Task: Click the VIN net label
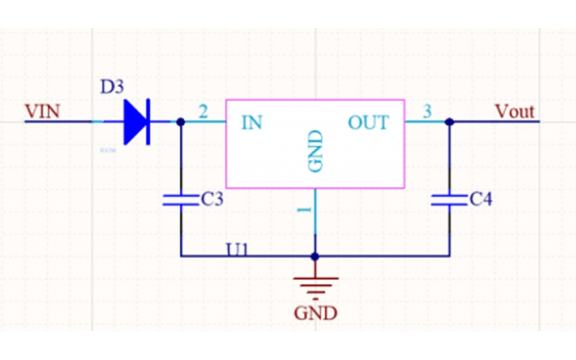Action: [x=42, y=112]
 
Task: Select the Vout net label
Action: [x=515, y=112]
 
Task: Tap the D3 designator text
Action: [x=112, y=88]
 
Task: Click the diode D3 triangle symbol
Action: [x=135, y=122]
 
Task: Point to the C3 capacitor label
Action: [x=212, y=200]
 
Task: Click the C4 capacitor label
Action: [x=480, y=200]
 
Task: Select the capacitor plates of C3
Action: [x=181, y=199]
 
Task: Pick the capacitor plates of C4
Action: [x=449, y=199]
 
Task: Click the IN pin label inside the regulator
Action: [x=251, y=122]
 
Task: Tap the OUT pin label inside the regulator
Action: [x=368, y=122]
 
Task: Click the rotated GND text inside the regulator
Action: [x=315, y=152]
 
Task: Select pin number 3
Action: [x=427, y=112]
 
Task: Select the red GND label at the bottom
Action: [x=315, y=313]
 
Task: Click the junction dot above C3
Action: [x=181, y=122]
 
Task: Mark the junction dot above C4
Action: [x=449, y=122]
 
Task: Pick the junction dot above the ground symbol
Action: [x=315, y=256]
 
